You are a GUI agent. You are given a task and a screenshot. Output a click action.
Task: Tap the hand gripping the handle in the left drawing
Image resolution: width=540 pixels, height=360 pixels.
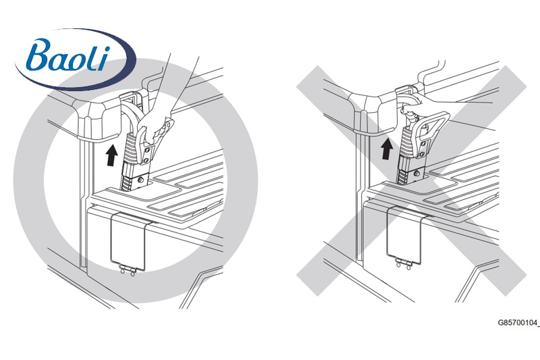click(159, 125)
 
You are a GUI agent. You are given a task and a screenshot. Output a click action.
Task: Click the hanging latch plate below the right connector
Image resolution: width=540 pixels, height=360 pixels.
click(404, 232)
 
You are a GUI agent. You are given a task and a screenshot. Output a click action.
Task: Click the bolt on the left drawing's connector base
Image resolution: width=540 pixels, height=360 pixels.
click(140, 180)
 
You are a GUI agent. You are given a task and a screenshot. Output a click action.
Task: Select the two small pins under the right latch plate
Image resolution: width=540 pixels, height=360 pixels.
click(404, 265)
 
